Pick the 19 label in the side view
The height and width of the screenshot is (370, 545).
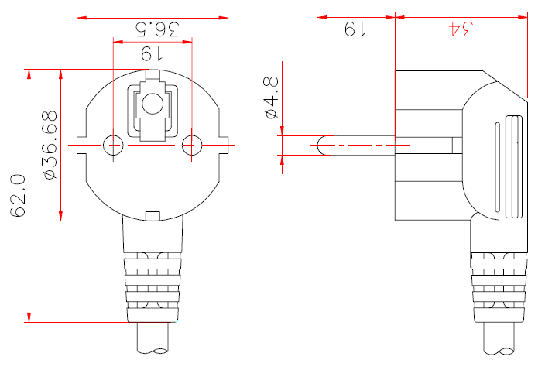tap(355, 29)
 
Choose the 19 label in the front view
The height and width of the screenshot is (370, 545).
tap(152, 54)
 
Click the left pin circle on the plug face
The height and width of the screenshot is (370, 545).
tap(113, 145)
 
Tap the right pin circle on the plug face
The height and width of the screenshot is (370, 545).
tap(192, 145)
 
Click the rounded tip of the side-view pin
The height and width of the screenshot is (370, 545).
tap(323, 145)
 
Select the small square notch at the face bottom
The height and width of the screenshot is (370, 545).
tap(153, 216)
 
